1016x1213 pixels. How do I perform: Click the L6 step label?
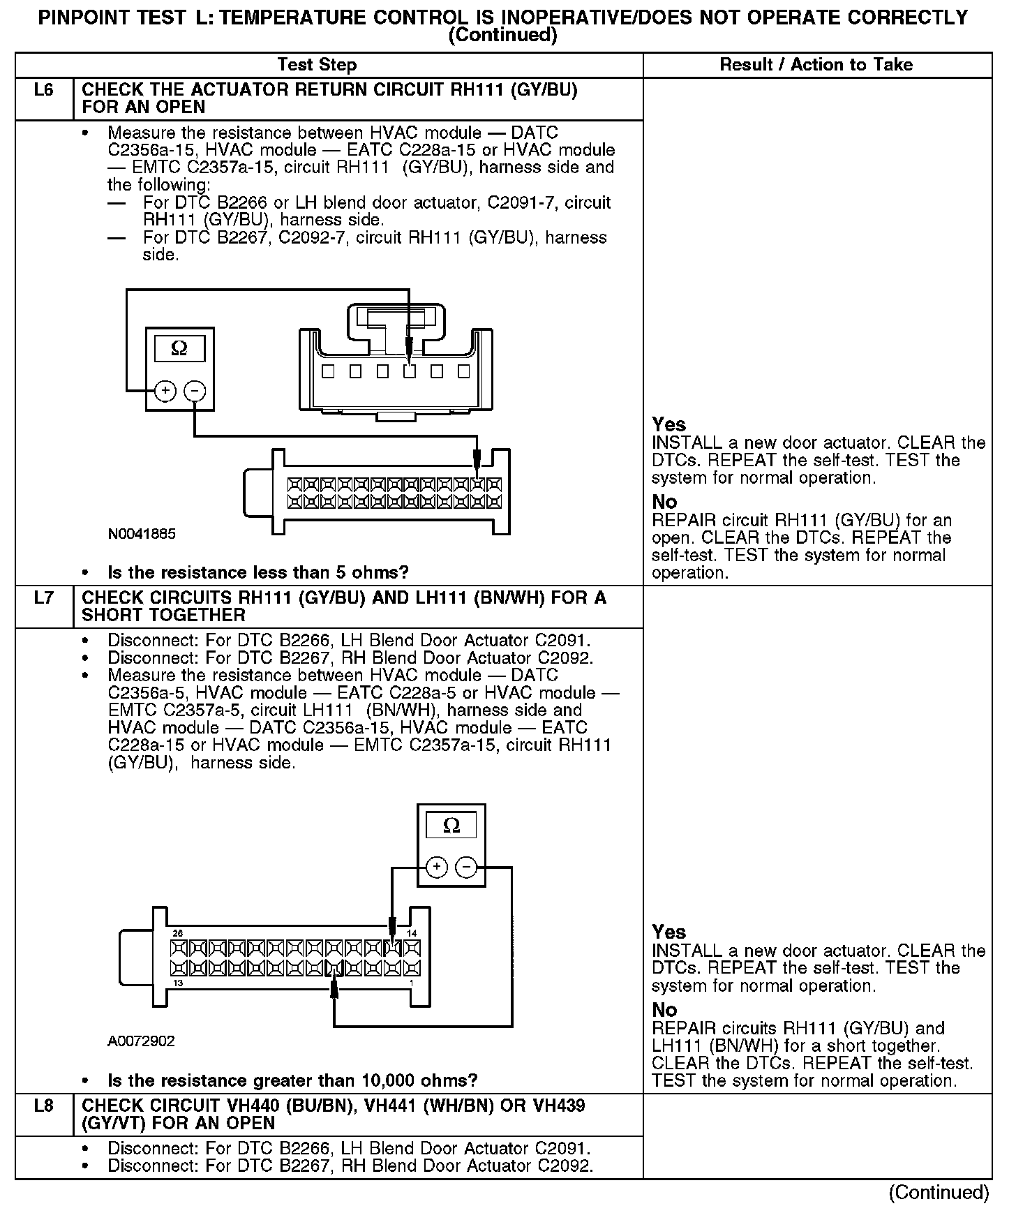click(x=43, y=90)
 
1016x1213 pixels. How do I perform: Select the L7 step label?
click(x=43, y=598)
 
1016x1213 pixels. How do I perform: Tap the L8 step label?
click(x=43, y=1106)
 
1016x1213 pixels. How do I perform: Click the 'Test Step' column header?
click(x=317, y=65)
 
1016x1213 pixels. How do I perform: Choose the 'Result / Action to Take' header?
click(x=816, y=65)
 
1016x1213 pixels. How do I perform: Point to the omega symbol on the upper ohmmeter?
click(x=179, y=348)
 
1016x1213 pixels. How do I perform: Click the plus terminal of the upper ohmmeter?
click(x=165, y=391)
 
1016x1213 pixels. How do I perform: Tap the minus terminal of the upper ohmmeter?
click(x=195, y=391)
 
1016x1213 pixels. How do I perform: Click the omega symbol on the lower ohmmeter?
click(x=451, y=826)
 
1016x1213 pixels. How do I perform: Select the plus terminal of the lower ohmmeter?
click(x=436, y=868)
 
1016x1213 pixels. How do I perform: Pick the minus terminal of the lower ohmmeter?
click(x=466, y=868)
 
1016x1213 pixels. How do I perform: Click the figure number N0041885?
click(x=142, y=534)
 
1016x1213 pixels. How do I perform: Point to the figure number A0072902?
click(x=141, y=1041)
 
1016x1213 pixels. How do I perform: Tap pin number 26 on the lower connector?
click(x=177, y=933)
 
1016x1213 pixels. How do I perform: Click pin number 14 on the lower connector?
click(x=412, y=933)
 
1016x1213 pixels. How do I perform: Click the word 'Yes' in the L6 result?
click(x=668, y=424)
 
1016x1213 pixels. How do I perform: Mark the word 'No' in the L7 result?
click(x=664, y=1010)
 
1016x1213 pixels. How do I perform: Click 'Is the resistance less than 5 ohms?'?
click(x=258, y=573)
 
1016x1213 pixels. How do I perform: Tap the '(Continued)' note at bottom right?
click(x=939, y=1193)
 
